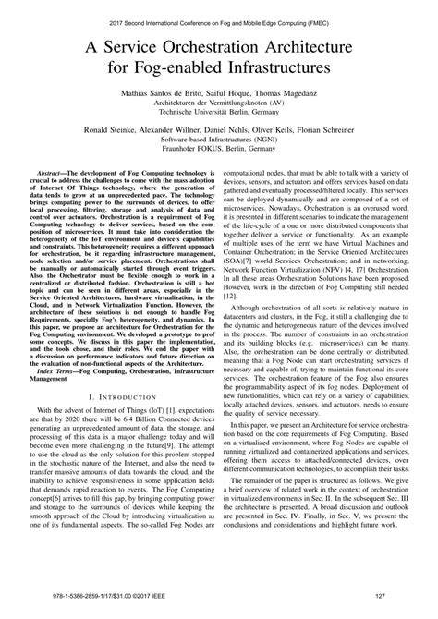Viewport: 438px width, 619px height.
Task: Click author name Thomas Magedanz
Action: point(293,94)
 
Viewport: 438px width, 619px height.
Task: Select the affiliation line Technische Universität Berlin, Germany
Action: point(219,118)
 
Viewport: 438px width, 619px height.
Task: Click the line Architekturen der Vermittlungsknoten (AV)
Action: point(219,106)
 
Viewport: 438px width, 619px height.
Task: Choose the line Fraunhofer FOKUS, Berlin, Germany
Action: point(219,167)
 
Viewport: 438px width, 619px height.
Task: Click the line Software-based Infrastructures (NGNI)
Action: point(219,155)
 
